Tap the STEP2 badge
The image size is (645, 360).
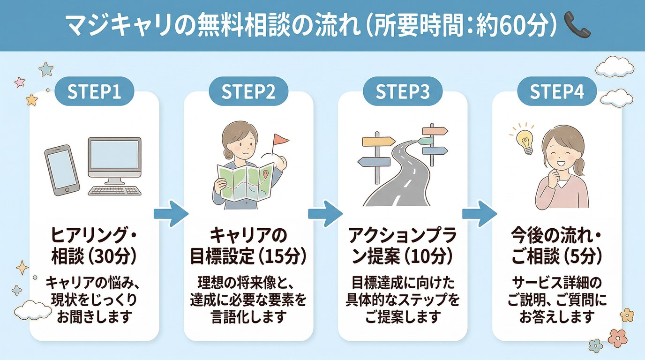248,92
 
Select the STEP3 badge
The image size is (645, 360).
403,92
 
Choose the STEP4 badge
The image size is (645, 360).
557,92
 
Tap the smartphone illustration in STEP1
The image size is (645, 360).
61,170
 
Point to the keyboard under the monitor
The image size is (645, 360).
115,191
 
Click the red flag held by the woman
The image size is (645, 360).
281,139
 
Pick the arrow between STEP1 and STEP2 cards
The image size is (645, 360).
171,214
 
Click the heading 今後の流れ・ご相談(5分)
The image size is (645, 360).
557,245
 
